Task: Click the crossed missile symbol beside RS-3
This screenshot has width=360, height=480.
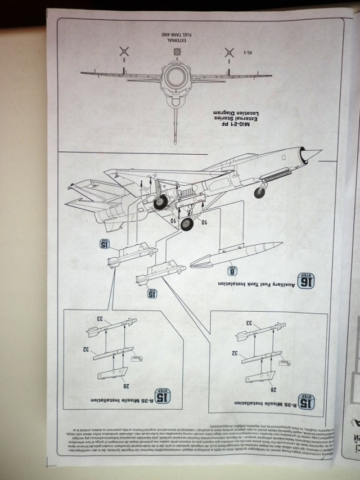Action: (x=228, y=54)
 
